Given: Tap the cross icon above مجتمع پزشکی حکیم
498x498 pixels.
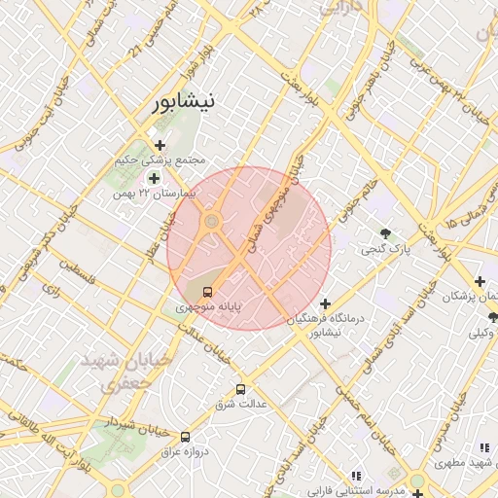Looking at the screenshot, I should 160,145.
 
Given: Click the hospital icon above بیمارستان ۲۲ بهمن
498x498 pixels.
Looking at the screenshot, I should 154,178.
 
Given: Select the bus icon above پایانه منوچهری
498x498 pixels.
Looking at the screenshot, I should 206,292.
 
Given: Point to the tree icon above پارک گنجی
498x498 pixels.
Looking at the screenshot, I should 386,233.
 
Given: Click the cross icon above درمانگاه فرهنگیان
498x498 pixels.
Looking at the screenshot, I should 325,304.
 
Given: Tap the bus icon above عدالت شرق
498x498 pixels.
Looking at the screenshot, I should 241,389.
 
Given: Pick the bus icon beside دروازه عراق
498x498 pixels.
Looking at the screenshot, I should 185,437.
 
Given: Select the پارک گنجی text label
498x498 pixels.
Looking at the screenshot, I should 386,250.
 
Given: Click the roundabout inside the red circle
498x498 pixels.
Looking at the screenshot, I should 211,225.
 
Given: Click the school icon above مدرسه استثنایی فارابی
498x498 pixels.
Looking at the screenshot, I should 356,475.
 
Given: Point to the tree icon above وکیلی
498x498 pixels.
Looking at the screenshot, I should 492,316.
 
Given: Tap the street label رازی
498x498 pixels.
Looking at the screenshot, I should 51,288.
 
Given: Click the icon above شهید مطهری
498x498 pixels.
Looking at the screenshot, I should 483,447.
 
